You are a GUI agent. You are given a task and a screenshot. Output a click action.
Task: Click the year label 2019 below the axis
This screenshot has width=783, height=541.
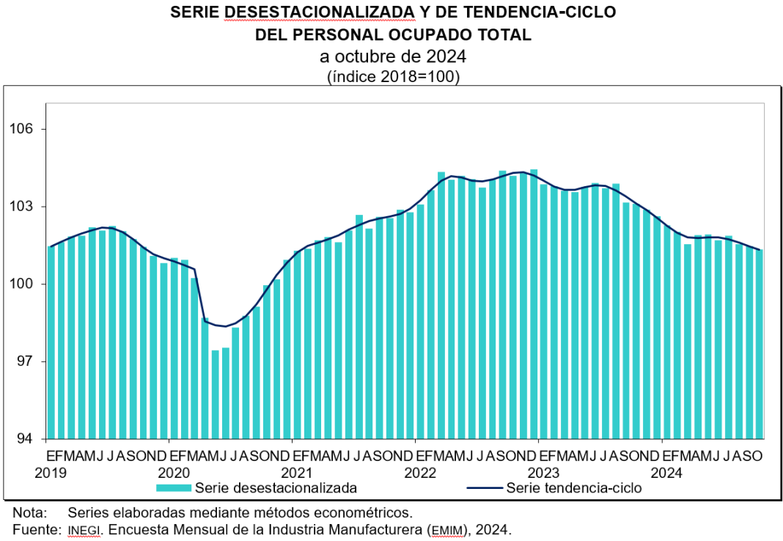[x=51, y=473]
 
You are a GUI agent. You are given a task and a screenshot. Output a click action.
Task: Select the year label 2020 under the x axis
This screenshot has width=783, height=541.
[x=174, y=473]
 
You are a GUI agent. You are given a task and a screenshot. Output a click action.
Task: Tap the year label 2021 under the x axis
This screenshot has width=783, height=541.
[x=297, y=473]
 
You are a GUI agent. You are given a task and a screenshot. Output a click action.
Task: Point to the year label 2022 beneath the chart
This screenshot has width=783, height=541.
[x=420, y=473]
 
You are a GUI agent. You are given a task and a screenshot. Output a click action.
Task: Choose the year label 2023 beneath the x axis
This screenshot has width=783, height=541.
[x=543, y=473]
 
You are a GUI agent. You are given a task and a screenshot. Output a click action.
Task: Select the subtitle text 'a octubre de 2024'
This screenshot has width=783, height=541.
[x=392, y=56]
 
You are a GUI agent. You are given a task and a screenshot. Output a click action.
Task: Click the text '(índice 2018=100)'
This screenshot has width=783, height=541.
[x=392, y=76]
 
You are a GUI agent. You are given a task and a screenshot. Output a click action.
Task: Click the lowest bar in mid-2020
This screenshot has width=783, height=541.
[x=216, y=394]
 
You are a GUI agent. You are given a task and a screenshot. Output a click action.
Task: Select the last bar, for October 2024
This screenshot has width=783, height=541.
[x=759, y=344]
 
